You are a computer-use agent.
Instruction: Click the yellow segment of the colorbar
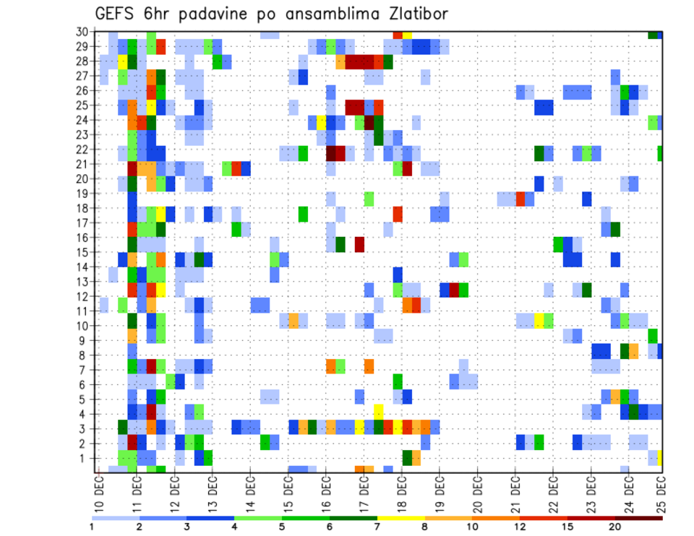tap(400, 518)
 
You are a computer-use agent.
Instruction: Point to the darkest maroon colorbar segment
tap(638, 518)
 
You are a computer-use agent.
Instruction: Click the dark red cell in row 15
tap(359, 244)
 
